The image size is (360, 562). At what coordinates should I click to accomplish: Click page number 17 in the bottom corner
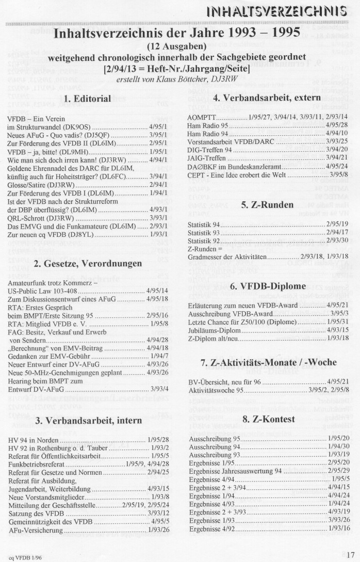tap(350, 555)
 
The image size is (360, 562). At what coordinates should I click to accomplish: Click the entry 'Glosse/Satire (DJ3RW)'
tap(42, 184)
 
